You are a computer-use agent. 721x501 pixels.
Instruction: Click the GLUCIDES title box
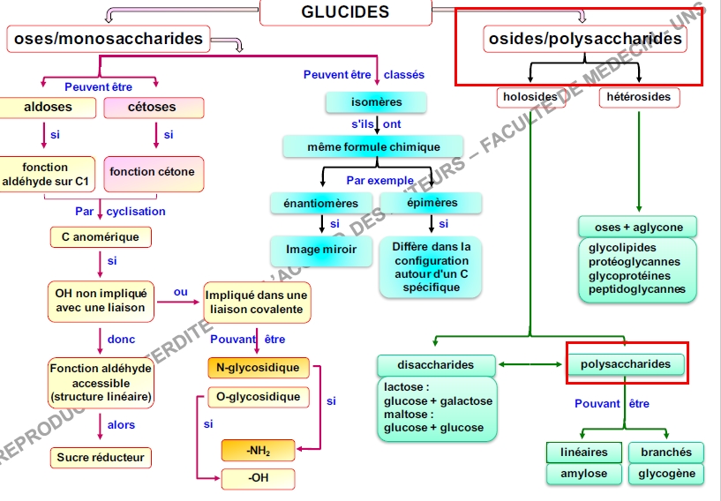(345, 12)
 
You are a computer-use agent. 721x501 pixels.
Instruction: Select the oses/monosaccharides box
(108, 38)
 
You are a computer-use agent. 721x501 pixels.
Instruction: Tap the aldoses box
(48, 108)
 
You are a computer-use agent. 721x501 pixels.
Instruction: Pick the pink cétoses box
(153, 108)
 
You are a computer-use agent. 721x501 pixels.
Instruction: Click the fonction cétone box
(153, 172)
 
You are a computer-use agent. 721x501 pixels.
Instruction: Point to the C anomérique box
(100, 237)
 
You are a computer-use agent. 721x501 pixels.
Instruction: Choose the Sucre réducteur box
(101, 458)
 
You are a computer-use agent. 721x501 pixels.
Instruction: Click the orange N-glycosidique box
(258, 368)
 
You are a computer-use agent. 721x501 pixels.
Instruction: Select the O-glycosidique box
(258, 397)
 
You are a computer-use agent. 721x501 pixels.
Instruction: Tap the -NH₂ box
(258, 451)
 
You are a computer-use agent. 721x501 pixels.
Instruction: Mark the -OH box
(258, 479)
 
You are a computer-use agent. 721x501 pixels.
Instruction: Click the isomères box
(376, 102)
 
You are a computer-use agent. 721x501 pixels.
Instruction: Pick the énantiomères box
(321, 203)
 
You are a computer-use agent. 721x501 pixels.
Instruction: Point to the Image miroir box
(321, 250)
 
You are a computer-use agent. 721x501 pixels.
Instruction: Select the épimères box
(432, 203)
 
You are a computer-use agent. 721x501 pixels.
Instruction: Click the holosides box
(529, 97)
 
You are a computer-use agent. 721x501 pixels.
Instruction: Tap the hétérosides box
(639, 97)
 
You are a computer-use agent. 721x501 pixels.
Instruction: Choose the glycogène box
(666, 474)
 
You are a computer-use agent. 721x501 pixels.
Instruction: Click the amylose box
(584, 474)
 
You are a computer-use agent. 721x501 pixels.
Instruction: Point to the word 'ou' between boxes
(181, 292)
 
